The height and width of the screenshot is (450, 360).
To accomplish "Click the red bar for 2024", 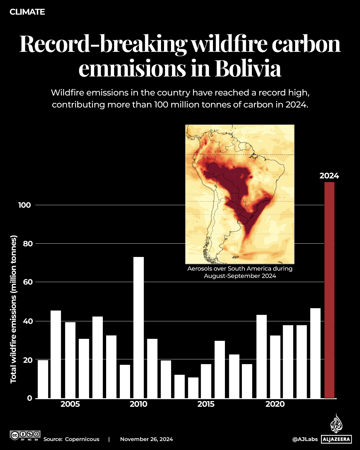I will point(329,290).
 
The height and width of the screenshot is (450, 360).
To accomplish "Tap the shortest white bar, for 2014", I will point(193,388).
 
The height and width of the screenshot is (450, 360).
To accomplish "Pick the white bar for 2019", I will point(262,356).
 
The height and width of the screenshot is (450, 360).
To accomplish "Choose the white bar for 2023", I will point(315,353).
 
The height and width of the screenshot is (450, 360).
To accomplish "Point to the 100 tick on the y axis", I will point(25,205).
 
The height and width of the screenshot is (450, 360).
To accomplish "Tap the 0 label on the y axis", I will point(30,398).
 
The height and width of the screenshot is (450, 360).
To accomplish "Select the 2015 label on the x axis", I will point(206,404).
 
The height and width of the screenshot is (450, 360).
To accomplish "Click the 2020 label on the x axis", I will point(275,404).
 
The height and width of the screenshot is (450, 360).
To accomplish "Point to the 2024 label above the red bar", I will point(329,176).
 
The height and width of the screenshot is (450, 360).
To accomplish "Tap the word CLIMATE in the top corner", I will point(27,12).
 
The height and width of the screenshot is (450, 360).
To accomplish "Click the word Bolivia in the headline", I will point(248,69).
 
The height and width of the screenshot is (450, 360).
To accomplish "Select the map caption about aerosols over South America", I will point(240,272).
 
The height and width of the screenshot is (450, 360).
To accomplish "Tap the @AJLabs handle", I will point(305,439).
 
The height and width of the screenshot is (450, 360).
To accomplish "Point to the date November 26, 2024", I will point(146,439).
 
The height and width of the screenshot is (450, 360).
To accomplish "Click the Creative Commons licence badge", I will point(25,435).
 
